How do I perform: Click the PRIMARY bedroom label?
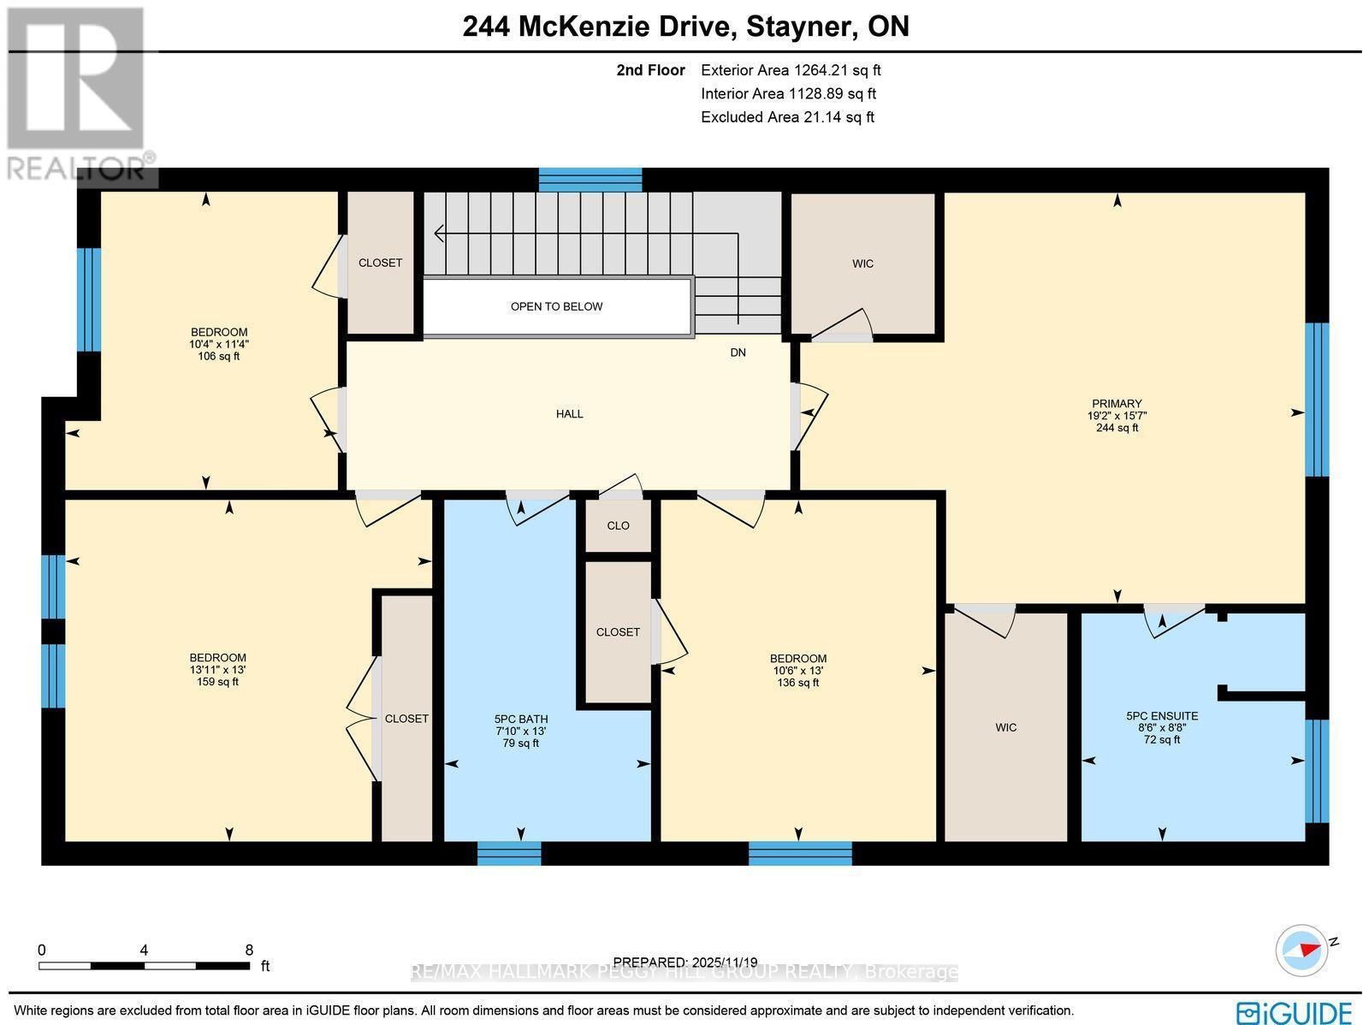1117,403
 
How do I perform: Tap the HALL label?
570,414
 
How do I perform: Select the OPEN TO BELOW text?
556,307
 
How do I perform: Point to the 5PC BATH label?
521,719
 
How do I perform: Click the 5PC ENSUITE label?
1162,716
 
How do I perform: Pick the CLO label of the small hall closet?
618,525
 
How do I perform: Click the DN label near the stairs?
738,353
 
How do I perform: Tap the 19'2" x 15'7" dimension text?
1117,416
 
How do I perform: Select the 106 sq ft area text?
218,356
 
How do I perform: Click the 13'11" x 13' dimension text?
217,670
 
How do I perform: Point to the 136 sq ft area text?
797,683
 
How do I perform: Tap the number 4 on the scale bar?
144,951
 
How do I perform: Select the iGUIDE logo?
1294,1012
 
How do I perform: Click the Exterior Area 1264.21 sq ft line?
791,70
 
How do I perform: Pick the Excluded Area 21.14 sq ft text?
787,117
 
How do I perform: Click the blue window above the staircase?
590,180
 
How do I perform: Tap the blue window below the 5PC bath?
509,853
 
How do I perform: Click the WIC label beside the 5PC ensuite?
1005,727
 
